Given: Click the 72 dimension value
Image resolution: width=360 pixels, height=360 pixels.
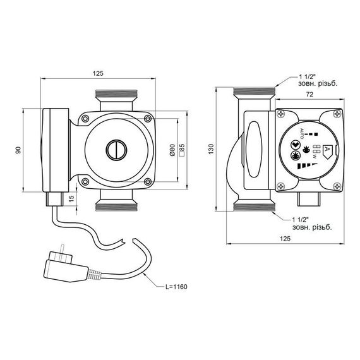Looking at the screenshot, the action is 309,94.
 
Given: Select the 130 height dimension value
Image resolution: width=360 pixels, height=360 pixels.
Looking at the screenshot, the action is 211,149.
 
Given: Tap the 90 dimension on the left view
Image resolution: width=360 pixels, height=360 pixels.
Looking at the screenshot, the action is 18,150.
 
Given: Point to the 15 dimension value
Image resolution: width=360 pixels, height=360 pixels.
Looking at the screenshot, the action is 72,198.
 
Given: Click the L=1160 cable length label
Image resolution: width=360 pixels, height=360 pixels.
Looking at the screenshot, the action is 176,287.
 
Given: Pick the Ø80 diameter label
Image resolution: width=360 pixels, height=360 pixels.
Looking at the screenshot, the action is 172,150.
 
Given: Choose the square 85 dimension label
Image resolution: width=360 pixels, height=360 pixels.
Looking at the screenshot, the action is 182,150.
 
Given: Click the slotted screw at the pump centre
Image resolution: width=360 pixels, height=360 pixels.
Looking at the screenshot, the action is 116,150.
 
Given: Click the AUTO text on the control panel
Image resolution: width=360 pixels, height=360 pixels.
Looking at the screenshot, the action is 302,133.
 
